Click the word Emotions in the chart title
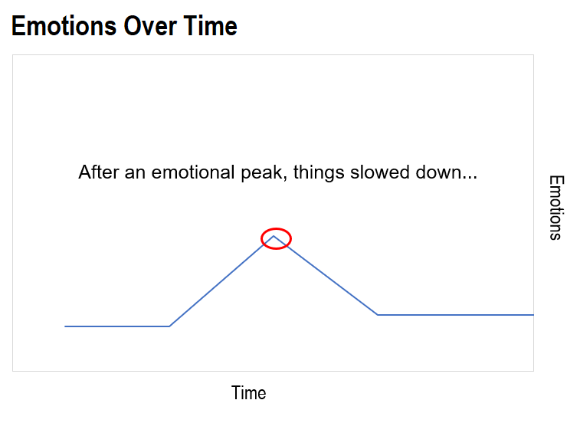point(64,26)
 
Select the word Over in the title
point(150,26)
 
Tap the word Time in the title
point(210,26)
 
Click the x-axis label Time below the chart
point(248,392)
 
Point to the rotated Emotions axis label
point(556,208)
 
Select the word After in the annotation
point(99,172)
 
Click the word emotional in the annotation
point(193,172)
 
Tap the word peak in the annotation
point(264,173)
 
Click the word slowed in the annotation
point(380,172)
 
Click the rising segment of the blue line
point(221,281)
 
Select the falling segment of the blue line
point(326,275)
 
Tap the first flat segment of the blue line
point(117,326)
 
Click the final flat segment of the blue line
point(456,315)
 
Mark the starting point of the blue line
point(65,326)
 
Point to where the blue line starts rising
point(169,326)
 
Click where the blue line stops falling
point(378,315)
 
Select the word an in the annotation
point(135,173)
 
